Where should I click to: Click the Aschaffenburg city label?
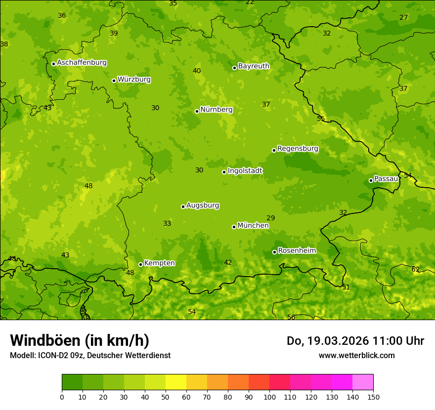pyautogui.click(x=82, y=63)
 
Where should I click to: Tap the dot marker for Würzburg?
pyautogui.click(x=114, y=81)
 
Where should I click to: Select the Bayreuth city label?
pyautogui.click(x=254, y=66)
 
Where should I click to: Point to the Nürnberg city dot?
pyautogui.click(x=197, y=111)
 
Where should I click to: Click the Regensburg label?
pyautogui.click(x=298, y=149)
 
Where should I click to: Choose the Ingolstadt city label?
pyautogui.click(x=245, y=171)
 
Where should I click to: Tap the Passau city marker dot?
pyautogui.click(x=371, y=180)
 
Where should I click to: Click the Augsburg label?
pyautogui.click(x=203, y=205)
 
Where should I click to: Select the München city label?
pyautogui.click(x=253, y=226)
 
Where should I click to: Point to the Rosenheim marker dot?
pyautogui.click(x=274, y=252)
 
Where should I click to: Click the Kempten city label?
pyautogui.click(x=159, y=263)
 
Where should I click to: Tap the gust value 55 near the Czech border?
pyautogui.click(x=321, y=119)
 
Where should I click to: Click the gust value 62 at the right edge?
pyautogui.click(x=415, y=269)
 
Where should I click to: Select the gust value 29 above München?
pyautogui.click(x=270, y=218)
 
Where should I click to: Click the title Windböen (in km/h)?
pyautogui.click(x=80, y=340)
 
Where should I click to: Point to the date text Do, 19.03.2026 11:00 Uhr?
pyautogui.click(x=355, y=341)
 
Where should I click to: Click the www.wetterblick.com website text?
pyautogui.click(x=356, y=356)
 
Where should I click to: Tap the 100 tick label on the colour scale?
pyautogui.click(x=269, y=397)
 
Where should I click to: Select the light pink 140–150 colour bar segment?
pyautogui.click(x=363, y=382)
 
